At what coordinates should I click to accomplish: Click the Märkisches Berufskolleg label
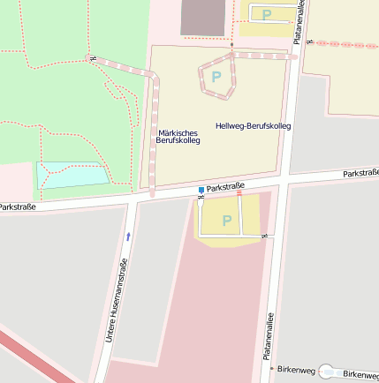178,137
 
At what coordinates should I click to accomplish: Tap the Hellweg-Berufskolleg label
253,126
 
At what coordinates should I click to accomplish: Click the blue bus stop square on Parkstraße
201,190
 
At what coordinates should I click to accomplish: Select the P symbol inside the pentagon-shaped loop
216,77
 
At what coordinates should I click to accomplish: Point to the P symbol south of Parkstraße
226,221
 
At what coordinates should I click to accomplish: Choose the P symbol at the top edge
266,14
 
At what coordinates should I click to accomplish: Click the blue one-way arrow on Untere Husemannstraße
128,236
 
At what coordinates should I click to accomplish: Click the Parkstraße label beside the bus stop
225,186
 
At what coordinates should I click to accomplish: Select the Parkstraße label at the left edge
16,207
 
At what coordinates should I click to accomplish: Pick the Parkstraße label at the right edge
360,173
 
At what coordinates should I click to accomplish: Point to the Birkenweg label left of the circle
296,370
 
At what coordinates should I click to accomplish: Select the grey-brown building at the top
202,17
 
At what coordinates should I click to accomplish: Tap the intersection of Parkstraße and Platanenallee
284,182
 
